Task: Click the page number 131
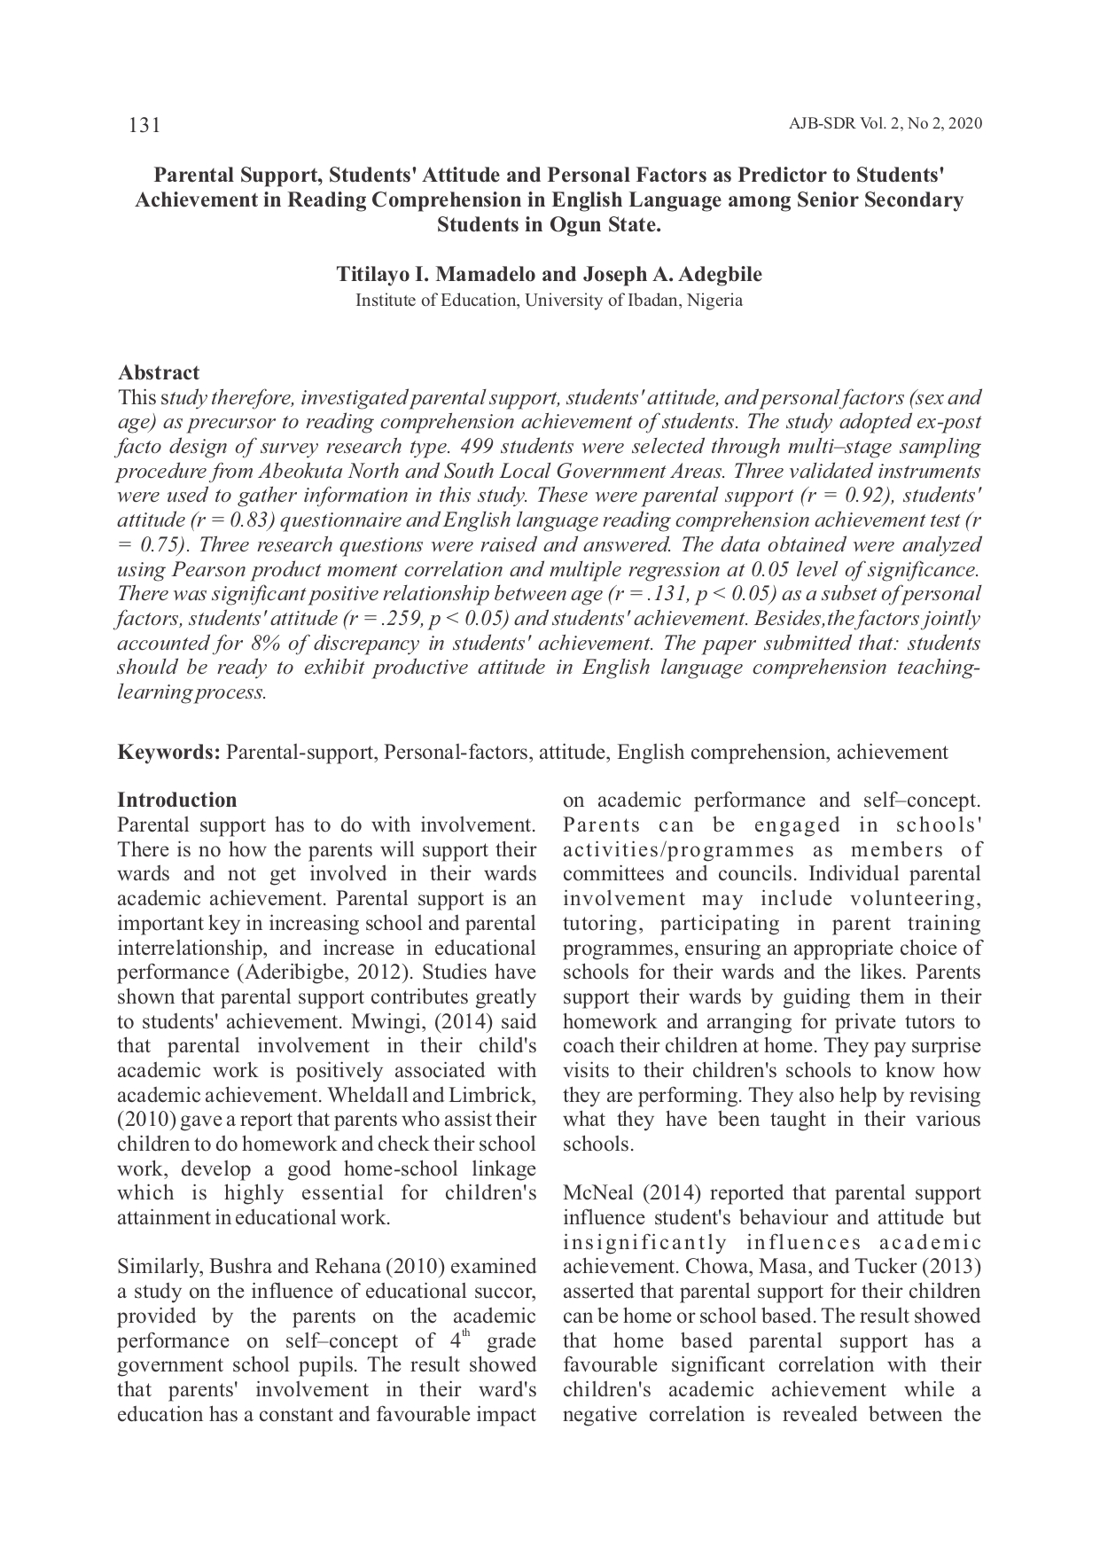(x=144, y=125)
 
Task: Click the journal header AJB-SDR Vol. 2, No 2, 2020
(x=885, y=124)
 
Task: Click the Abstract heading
(x=159, y=372)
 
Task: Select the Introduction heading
(x=176, y=800)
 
